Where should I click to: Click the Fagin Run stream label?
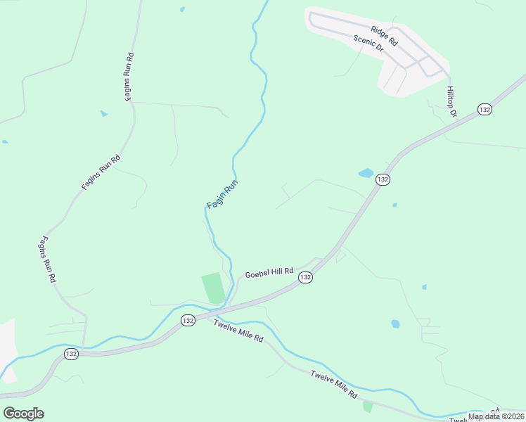point(223,195)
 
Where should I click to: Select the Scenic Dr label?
point(368,44)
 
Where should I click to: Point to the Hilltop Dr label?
point(451,102)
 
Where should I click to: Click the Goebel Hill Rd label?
point(269,271)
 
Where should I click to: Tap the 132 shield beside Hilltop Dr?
point(484,109)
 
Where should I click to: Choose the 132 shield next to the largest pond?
point(382,179)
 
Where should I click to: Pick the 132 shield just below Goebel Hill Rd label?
point(304,278)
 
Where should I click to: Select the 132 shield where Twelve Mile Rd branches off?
point(187,320)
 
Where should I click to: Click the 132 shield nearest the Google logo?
point(71,354)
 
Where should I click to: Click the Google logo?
point(23,413)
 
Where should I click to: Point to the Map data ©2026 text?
point(496,416)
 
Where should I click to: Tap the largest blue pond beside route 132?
point(366,172)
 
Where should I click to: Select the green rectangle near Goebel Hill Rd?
point(213,288)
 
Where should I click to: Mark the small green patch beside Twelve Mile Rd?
point(368,407)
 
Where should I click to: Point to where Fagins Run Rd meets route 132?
point(84,349)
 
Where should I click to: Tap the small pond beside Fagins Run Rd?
point(104,113)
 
